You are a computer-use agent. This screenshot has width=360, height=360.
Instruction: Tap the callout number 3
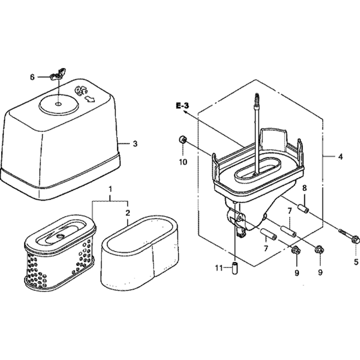point(135,144)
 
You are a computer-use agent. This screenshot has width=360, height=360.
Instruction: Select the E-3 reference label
point(183,106)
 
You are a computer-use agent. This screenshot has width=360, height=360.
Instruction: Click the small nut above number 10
point(183,139)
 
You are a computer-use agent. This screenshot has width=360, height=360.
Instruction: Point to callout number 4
point(340,157)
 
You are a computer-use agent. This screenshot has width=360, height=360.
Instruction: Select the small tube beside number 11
point(234,267)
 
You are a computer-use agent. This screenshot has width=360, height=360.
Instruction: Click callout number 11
point(219,268)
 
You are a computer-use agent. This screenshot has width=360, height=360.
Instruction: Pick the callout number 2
point(128,213)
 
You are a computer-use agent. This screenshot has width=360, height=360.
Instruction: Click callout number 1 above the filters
point(111,189)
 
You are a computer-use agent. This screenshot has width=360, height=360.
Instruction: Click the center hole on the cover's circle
point(58,104)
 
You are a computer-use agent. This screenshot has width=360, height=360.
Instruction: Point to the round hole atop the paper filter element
point(60,236)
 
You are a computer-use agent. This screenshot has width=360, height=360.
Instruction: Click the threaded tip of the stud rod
point(257,98)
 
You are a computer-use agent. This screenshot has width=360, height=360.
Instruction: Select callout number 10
point(183,162)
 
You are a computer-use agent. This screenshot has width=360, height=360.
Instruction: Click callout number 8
point(305,188)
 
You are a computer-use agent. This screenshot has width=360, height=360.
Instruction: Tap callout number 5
point(356,261)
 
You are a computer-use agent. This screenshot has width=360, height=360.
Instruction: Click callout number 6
point(32,77)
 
